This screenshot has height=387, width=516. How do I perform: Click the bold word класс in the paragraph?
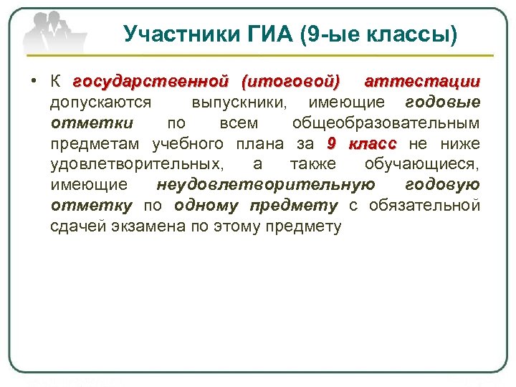coord(372,143)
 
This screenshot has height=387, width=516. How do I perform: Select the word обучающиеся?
coord(422,164)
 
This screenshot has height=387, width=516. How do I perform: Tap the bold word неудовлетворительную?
coord(265,185)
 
